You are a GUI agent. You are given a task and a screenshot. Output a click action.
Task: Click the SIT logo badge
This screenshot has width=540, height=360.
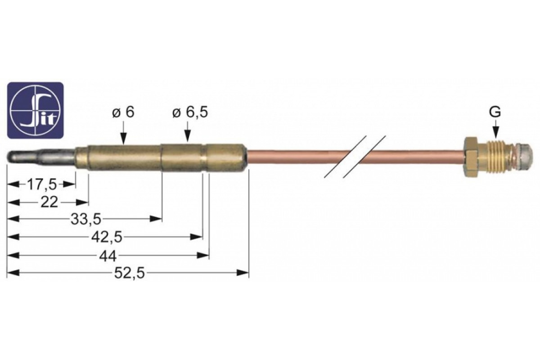click(x=35, y=110)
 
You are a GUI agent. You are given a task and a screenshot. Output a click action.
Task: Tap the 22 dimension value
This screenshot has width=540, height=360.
click(x=49, y=202)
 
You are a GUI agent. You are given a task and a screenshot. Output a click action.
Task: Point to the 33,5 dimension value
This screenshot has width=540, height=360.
click(x=85, y=220)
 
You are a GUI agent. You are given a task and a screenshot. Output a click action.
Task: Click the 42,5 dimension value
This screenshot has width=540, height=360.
click(x=107, y=238)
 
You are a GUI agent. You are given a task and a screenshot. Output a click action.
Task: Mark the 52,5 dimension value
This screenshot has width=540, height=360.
click(x=130, y=274)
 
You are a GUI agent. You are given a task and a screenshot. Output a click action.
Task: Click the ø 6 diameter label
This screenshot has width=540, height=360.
click(x=123, y=112)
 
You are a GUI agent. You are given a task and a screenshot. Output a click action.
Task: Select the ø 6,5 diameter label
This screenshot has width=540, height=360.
click(x=190, y=112)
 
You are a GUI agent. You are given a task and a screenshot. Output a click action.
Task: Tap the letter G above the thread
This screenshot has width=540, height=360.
click(x=495, y=112)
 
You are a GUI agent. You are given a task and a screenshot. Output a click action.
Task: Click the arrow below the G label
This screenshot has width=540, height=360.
click(x=495, y=130)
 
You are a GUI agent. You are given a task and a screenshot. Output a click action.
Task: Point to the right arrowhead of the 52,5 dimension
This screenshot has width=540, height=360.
click(x=242, y=273)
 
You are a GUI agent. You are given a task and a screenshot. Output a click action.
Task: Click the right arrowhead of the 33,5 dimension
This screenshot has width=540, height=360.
click(x=156, y=219)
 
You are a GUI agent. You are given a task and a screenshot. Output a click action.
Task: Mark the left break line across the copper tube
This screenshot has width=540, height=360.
click(x=346, y=157)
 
